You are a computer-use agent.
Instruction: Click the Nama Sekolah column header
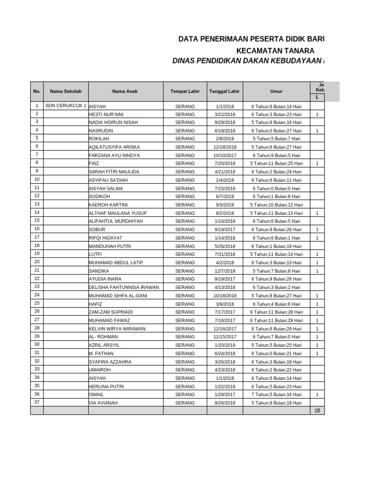(x=65, y=91)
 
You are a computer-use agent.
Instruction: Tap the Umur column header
(x=276, y=91)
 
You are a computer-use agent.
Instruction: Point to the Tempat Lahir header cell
(x=185, y=91)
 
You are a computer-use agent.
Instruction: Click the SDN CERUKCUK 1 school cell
(x=65, y=106)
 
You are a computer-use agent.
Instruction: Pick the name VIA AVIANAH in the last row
(x=103, y=403)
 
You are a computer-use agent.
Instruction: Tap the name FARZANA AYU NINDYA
(x=114, y=156)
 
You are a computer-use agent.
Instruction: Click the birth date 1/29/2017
(x=225, y=395)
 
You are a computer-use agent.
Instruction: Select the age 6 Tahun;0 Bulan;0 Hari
(x=276, y=189)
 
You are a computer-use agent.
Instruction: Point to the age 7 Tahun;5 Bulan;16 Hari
(x=276, y=395)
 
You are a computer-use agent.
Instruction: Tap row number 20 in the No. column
(x=37, y=262)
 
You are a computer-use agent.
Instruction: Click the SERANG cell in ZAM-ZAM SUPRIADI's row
(x=185, y=312)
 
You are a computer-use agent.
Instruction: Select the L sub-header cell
(x=317, y=97)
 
